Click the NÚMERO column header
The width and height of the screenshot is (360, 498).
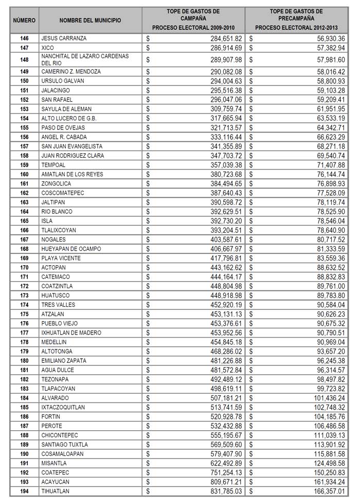coord(24,20)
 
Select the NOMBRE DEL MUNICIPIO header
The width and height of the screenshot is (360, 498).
coord(91,20)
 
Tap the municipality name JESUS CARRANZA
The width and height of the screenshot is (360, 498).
coord(64,38)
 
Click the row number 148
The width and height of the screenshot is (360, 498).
coord(24,59)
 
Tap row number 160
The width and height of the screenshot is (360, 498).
coord(24,174)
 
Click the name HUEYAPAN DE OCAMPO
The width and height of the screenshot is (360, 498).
coord(71,249)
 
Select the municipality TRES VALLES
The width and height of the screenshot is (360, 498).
coord(58,305)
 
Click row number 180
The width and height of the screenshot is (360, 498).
coord(24,361)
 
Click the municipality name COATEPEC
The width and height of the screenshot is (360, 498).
coord(55,472)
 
